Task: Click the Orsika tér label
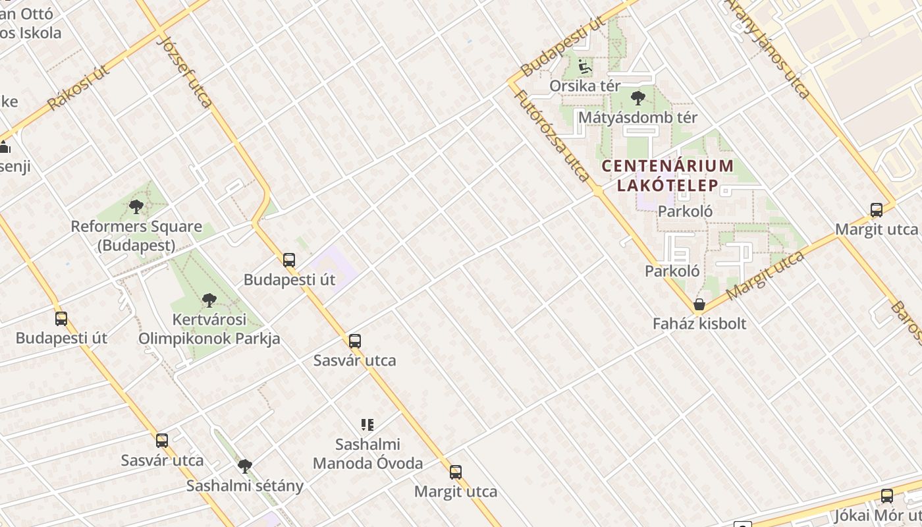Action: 585,86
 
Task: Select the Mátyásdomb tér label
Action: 637,118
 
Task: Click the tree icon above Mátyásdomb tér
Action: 637,99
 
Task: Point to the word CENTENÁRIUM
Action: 667,165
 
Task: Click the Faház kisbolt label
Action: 699,323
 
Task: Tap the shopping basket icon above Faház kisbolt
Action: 699,304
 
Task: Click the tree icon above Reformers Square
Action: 136,207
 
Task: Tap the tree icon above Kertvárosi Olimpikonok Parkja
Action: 209,300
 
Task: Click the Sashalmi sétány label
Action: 244,486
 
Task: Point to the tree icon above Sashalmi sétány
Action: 245,466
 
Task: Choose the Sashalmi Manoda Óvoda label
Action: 367,454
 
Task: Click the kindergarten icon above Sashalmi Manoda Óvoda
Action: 367,425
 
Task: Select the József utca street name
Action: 186,71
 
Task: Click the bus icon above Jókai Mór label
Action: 887,496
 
